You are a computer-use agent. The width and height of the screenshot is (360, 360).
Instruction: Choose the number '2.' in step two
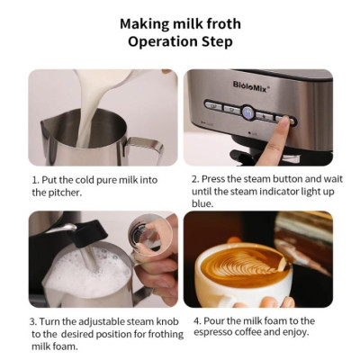(x=195, y=179)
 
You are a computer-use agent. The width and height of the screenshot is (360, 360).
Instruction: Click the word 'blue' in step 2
(x=203, y=204)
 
